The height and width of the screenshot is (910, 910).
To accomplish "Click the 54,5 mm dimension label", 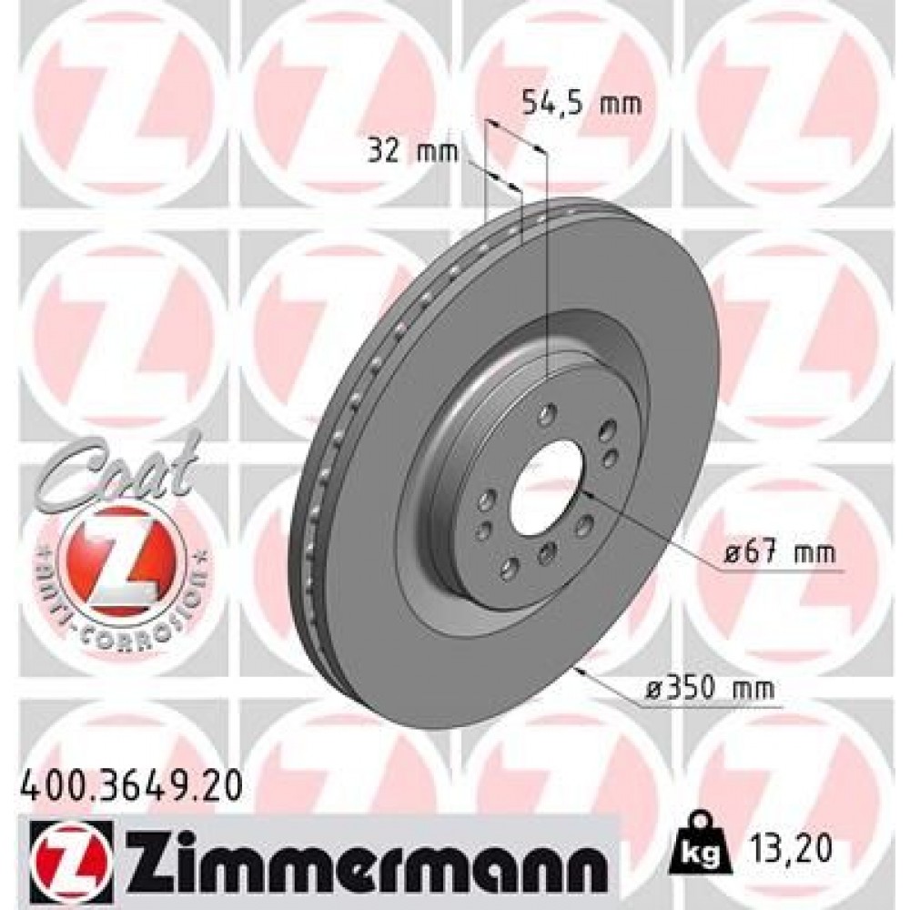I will pos(581,104).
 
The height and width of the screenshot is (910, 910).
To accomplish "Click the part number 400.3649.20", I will pos(129,782).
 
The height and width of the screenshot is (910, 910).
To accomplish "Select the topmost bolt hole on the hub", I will pos(546,415).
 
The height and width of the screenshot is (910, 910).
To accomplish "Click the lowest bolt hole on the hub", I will pos(509,571).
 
